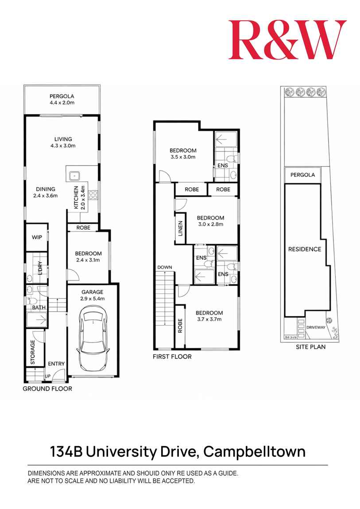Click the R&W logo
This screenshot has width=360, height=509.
click(x=287, y=40)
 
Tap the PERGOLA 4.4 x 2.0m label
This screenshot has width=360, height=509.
click(x=62, y=99)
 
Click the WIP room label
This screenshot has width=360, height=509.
click(x=37, y=237)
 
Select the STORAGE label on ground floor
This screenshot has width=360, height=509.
click(x=33, y=353)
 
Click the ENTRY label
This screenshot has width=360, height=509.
click(x=56, y=364)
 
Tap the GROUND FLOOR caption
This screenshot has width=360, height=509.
click(x=47, y=389)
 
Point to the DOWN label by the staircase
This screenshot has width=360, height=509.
click(x=164, y=267)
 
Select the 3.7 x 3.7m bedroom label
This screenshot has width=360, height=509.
click(x=209, y=316)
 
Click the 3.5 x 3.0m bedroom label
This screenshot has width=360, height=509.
click(x=183, y=154)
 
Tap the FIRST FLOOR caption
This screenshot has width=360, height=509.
click(x=172, y=356)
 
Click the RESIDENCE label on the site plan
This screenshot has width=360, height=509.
click(x=304, y=249)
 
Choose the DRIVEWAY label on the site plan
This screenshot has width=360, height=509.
click(x=315, y=328)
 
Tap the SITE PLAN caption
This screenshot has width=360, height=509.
click(x=310, y=347)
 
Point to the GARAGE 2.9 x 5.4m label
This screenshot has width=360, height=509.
click(x=92, y=295)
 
